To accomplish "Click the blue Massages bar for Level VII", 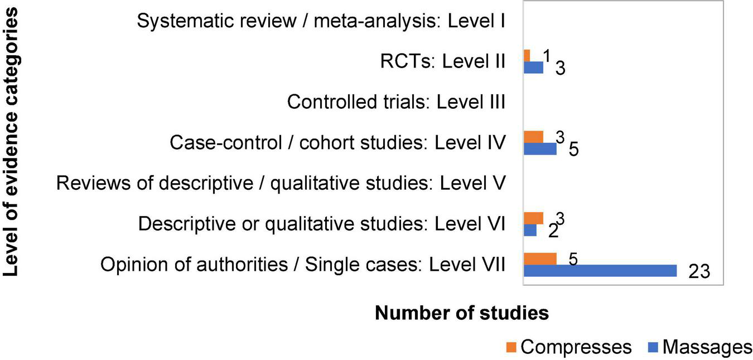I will (600, 271).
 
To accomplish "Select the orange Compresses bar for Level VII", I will (540, 258).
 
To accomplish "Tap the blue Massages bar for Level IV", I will (540, 148).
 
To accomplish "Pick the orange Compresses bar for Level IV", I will (533, 136).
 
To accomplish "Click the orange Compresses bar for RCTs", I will (527, 55).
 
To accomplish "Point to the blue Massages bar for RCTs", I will (533, 67).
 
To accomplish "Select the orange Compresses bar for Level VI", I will (533, 218).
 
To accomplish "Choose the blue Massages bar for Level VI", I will (530, 230).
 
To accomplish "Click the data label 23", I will (698, 272).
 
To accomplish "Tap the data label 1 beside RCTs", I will (547, 55).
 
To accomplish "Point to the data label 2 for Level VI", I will (553, 231).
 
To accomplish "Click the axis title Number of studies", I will (461, 313).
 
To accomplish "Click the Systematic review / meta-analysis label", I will (321, 22).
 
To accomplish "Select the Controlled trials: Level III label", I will (396, 103).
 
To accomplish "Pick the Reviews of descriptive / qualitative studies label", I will (281, 183).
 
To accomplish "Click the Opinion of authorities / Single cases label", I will (303, 264).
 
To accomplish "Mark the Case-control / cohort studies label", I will (337, 143).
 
